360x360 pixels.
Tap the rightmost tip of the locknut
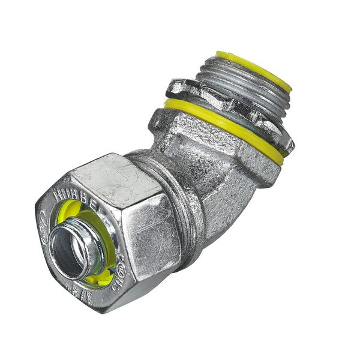point(290,144)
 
